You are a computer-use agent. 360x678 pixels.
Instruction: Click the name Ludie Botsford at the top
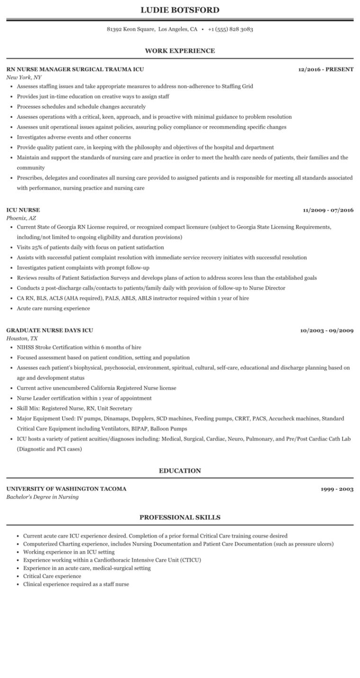(x=180, y=10)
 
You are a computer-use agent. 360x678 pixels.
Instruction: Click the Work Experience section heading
(x=180, y=51)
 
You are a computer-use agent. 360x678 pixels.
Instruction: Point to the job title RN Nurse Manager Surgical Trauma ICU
(x=75, y=69)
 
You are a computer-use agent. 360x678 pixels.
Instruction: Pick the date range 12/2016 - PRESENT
(x=326, y=69)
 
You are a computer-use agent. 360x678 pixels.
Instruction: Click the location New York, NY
(x=24, y=77)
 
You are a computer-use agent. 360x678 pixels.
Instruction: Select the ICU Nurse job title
(x=23, y=210)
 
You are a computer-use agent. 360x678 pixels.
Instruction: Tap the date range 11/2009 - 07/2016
(x=328, y=210)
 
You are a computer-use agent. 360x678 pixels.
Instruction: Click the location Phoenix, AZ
(x=21, y=218)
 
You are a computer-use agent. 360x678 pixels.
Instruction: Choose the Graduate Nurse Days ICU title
(x=50, y=330)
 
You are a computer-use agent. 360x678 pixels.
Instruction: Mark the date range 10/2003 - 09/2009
(x=327, y=330)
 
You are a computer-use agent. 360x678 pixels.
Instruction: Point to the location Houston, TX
(x=22, y=338)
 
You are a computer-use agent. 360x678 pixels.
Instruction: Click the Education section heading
(x=180, y=470)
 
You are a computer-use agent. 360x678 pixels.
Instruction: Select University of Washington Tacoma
(x=66, y=489)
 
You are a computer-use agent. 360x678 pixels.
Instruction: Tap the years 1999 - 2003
(x=337, y=489)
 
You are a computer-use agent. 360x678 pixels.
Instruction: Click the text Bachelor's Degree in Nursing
(x=43, y=497)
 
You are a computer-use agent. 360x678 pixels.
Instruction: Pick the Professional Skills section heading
(x=180, y=517)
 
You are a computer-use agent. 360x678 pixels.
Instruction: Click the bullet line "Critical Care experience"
(x=52, y=576)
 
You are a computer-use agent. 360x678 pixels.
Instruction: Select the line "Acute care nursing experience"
(x=53, y=308)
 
